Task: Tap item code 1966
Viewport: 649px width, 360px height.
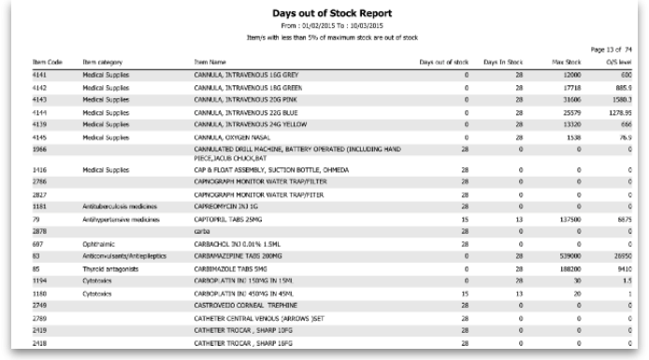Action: point(39,149)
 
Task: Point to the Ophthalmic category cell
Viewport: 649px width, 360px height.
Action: point(98,241)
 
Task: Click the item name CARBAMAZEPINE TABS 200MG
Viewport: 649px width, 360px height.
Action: point(234,254)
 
